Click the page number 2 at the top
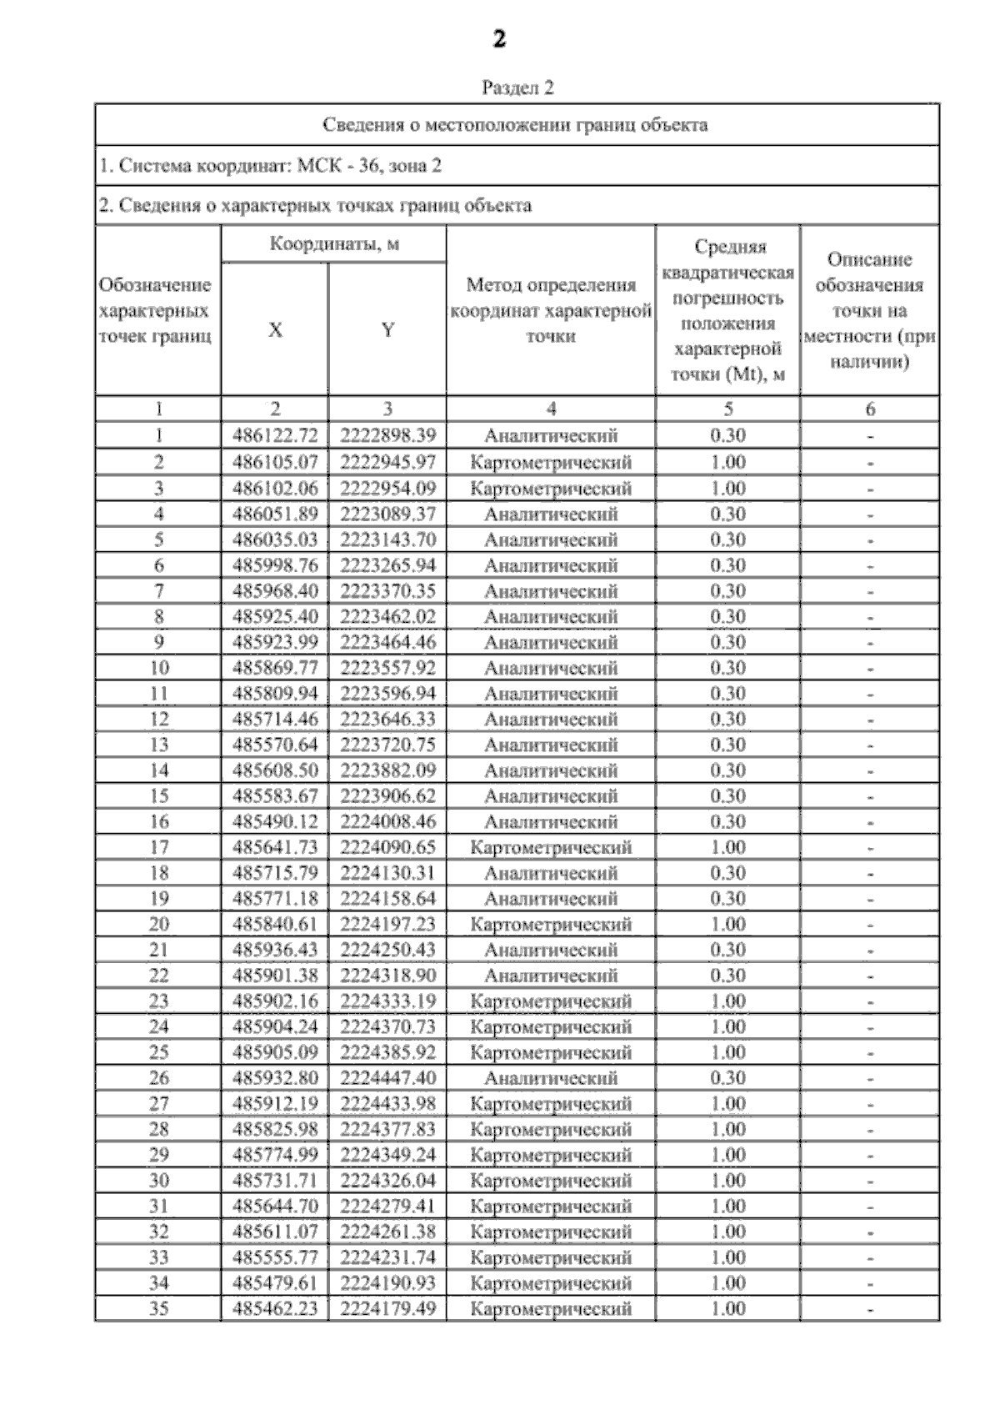tap(498, 39)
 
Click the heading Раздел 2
tap(517, 88)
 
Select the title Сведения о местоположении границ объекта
tap(515, 126)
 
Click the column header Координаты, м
tap(333, 244)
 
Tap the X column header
tap(275, 329)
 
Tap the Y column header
tap(387, 329)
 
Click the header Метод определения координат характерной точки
tap(550, 310)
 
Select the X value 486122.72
tap(275, 435)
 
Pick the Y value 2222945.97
tap(387, 462)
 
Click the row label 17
tap(158, 847)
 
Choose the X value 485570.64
tap(275, 745)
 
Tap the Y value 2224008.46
tap(387, 821)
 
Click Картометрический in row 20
tap(550, 924)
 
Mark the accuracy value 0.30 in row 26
tap(727, 1077)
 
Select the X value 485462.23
tap(275, 1308)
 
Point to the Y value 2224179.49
tap(387, 1308)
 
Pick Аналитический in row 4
tap(550, 514)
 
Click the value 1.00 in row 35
tap(727, 1308)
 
